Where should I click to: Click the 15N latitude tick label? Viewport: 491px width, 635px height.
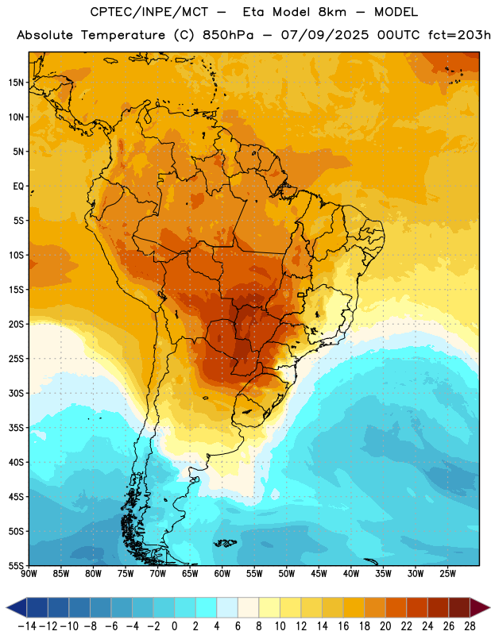click(16, 83)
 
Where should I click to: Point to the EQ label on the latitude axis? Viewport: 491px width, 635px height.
click(18, 187)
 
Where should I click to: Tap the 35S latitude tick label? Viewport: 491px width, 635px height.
click(16, 428)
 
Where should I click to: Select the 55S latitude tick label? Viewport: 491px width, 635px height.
click(16, 565)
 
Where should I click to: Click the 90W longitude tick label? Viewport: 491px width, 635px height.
click(29, 574)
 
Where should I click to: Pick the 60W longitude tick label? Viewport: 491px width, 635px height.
click(222, 574)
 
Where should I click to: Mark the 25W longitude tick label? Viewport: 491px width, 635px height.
click(448, 574)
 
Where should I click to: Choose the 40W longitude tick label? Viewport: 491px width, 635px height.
click(351, 574)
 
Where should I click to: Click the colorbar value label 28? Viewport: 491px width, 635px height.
click(470, 626)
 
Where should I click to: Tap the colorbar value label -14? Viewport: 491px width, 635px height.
click(27, 626)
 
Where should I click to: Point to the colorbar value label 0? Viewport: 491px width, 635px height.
click(174, 626)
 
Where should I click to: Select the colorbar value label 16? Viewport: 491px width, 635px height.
click(343, 626)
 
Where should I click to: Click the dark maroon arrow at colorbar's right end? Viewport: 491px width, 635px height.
click(479, 607)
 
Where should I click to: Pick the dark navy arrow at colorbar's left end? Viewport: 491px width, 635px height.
click(17, 607)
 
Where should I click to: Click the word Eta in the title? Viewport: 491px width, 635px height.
click(253, 12)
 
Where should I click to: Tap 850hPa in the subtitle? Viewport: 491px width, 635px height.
click(228, 35)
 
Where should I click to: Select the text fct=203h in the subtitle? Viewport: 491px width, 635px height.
click(459, 35)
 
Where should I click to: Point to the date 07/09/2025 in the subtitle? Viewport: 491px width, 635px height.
click(325, 35)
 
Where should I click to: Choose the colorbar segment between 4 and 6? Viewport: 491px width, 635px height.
click(227, 607)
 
